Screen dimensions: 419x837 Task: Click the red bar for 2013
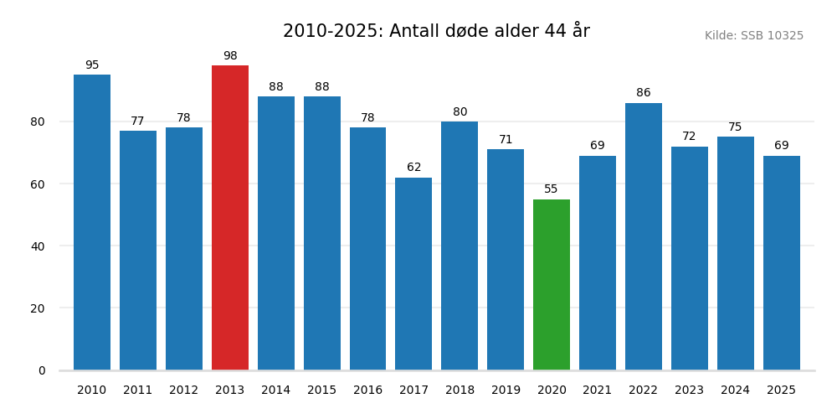(230, 218)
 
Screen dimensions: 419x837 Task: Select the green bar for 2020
(552, 285)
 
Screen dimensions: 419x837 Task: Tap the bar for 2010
(92, 222)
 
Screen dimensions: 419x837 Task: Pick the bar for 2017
(413, 274)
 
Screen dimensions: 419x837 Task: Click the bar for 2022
(644, 236)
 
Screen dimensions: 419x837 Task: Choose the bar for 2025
(782, 263)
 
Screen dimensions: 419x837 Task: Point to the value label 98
(230, 56)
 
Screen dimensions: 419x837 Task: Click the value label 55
(552, 189)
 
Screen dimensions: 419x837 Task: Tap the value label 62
(413, 168)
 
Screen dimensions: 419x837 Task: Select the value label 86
(644, 93)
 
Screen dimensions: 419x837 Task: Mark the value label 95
(92, 65)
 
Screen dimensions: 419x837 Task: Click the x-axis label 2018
(460, 391)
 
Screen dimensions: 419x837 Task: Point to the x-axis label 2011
(138, 391)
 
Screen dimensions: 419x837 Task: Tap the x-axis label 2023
(690, 391)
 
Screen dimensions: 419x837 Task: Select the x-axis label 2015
(322, 391)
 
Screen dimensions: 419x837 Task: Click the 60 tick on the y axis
(38, 184)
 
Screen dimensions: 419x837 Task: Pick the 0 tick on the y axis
(42, 370)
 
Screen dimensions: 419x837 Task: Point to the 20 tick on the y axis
(38, 308)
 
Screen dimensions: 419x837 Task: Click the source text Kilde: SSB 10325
(753, 36)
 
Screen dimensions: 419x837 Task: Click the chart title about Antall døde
(436, 32)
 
